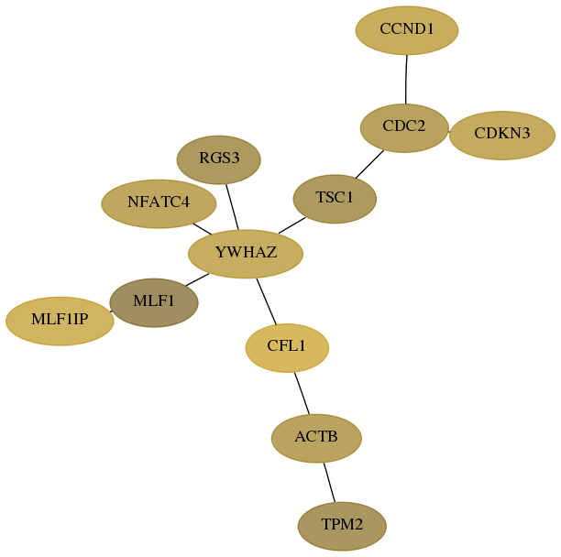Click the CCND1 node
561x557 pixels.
(x=407, y=30)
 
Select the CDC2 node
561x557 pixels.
(x=404, y=128)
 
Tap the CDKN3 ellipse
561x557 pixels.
(x=502, y=136)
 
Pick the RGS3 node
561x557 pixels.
(x=218, y=159)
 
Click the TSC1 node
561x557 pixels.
(x=335, y=199)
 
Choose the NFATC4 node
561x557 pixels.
(x=159, y=203)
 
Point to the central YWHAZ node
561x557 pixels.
(x=246, y=254)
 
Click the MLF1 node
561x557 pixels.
(x=154, y=303)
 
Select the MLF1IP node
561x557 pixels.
(x=60, y=321)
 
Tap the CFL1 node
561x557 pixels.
(x=287, y=348)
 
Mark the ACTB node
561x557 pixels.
(x=316, y=438)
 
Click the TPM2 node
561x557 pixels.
(x=342, y=526)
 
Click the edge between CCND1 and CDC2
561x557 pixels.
(x=406, y=80)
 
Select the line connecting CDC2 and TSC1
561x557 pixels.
(x=369, y=164)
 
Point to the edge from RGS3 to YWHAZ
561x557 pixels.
(x=232, y=207)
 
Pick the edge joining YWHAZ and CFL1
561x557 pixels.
(x=267, y=301)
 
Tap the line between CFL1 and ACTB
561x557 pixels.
(x=302, y=393)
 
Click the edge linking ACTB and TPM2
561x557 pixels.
(x=329, y=482)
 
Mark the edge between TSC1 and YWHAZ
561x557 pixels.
(x=291, y=225)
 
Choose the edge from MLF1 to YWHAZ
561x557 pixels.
(x=197, y=279)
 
